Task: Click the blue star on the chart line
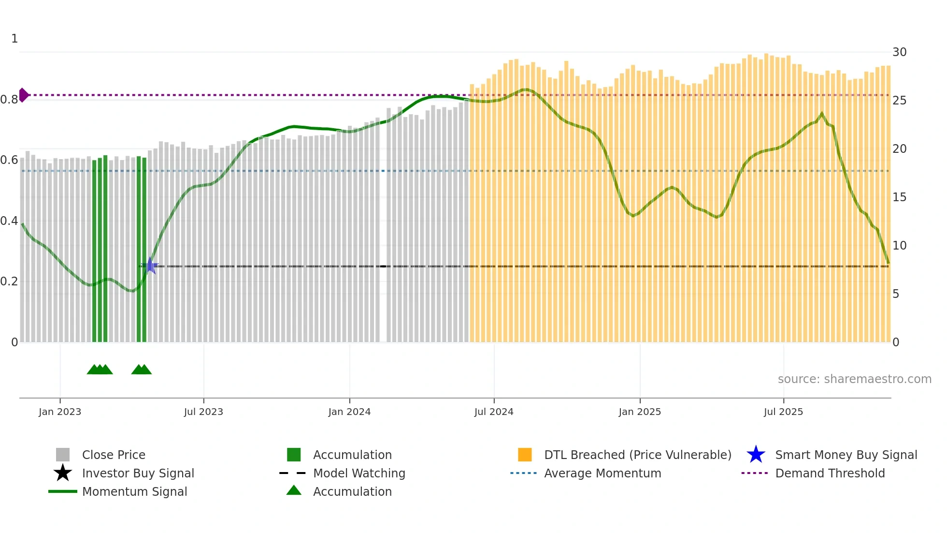point(151,266)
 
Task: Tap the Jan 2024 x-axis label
point(349,412)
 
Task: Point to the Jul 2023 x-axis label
point(203,412)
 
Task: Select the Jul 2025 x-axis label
point(783,412)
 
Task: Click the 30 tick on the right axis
point(899,52)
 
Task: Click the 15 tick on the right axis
point(899,197)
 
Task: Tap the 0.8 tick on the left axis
point(9,100)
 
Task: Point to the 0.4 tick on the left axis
point(9,221)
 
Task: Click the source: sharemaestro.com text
point(854,379)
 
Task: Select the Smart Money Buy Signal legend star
point(756,455)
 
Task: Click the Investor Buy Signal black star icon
point(63,473)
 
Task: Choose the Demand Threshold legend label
point(830,473)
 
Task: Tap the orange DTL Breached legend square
point(525,455)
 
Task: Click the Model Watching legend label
point(359,473)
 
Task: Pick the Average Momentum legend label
point(603,473)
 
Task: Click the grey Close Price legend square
point(63,455)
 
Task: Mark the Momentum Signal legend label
point(134,491)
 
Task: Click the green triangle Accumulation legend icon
point(294,490)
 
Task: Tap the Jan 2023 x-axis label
point(60,412)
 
